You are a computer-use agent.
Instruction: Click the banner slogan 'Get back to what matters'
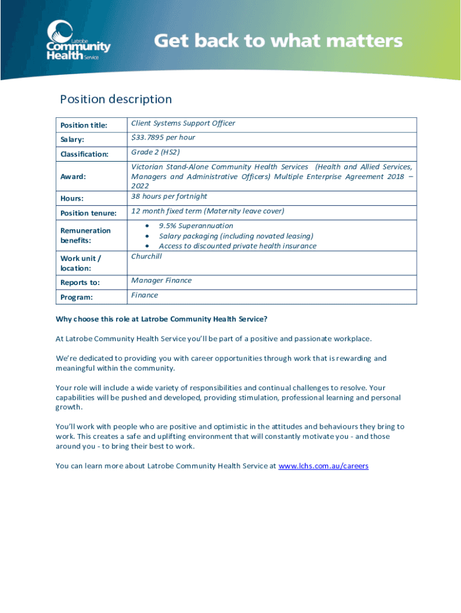click(x=278, y=41)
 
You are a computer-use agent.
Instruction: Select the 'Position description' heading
click(x=116, y=99)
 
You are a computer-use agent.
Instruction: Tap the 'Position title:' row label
click(x=83, y=126)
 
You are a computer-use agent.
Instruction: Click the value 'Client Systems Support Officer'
click(x=183, y=123)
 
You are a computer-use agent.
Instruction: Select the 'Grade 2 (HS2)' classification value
click(x=156, y=152)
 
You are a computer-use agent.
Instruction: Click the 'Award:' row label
click(x=73, y=177)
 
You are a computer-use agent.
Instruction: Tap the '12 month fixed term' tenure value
click(x=208, y=211)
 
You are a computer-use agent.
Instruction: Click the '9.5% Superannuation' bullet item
click(x=196, y=226)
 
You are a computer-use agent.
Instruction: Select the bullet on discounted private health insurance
click(x=237, y=246)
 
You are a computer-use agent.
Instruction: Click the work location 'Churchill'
click(x=147, y=256)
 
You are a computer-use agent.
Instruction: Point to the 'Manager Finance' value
click(x=162, y=280)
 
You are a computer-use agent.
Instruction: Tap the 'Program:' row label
click(x=77, y=297)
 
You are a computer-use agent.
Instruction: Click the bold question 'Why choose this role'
click(x=162, y=318)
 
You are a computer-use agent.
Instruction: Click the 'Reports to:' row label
click(x=80, y=283)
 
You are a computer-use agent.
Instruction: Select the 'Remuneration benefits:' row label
click(x=86, y=235)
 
